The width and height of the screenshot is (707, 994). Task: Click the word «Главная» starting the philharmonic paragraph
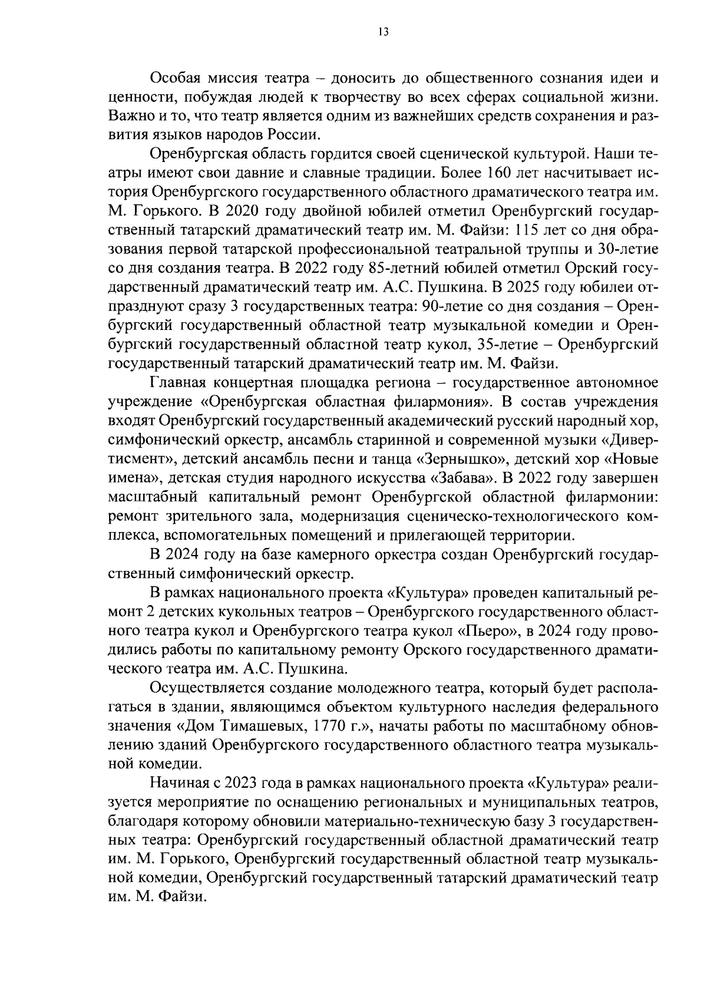pyautogui.click(x=177, y=384)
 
